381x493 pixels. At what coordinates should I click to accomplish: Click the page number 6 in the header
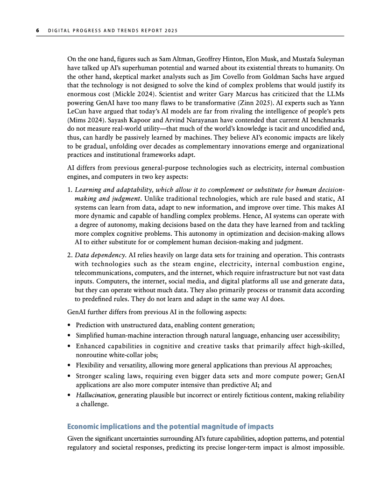(x=38, y=31)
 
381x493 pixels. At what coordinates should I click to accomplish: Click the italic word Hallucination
(x=96, y=395)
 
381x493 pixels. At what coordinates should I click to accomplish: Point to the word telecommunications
(x=102, y=273)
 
